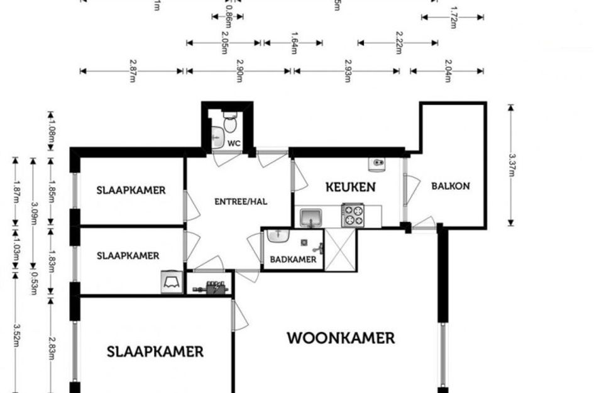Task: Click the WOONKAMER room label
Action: pos(341,338)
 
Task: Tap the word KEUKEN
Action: pos(350,187)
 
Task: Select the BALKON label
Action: pos(450,186)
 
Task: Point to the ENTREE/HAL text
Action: pos(241,202)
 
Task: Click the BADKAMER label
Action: pos(293,259)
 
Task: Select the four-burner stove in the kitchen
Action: pos(353,215)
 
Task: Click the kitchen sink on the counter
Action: pos(310,218)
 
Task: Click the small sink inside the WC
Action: pos(217,135)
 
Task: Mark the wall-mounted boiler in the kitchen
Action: pos(378,163)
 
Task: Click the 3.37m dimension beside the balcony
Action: pos(512,165)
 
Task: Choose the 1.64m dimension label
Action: pos(293,43)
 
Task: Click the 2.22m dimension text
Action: pos(398,43)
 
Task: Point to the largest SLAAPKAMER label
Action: pos(155,351)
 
